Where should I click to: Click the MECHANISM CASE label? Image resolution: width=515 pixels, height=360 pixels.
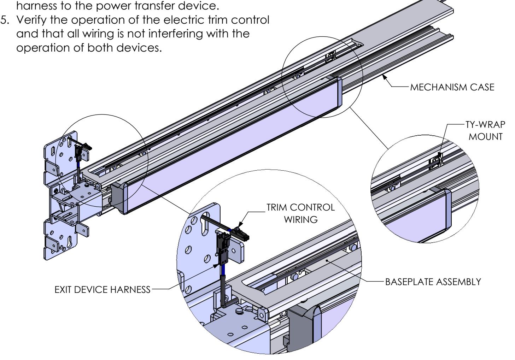452,87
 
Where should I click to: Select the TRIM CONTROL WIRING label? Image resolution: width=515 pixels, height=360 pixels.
300,213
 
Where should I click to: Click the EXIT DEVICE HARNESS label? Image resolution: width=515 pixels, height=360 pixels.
102,290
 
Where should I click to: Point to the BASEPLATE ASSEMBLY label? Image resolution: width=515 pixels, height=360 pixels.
433,282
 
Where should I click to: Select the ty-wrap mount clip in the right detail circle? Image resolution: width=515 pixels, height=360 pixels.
436,161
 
